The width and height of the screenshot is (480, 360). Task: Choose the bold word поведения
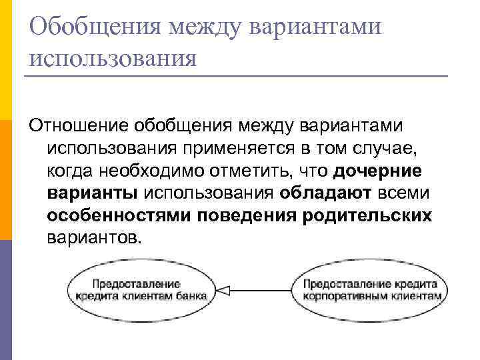pos(249,216)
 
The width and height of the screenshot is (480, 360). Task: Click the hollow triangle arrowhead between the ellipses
pos(224,290)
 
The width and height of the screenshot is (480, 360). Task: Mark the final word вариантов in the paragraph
pos(93,239)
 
